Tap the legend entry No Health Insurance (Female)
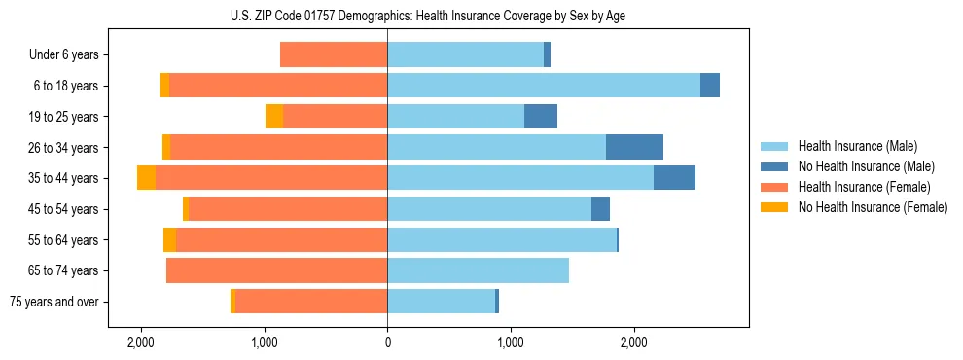click(873, 207)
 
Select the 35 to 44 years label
click(63, 178)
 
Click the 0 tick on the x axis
click(387, 342)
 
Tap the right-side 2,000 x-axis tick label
click(633, 342)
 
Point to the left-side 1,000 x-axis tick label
click(265, 342)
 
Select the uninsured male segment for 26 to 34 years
click(634, 147)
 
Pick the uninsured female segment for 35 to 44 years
click(146, 178)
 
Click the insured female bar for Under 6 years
click(334, 55)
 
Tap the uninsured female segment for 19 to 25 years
click(274, 117)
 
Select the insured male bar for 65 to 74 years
click(478, 270)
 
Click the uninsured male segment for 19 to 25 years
click(541, 117)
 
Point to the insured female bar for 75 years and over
click(311, 302)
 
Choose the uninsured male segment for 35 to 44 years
click(674, 178)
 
